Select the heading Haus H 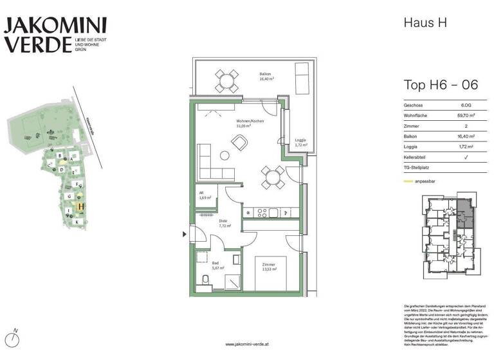tap(425, 23)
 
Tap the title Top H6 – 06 tap(440, 85)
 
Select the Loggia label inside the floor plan tap(300, 142)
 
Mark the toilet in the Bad tap(205, 279)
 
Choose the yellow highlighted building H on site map tap(80, 206)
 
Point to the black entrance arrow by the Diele tap(187, 235)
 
